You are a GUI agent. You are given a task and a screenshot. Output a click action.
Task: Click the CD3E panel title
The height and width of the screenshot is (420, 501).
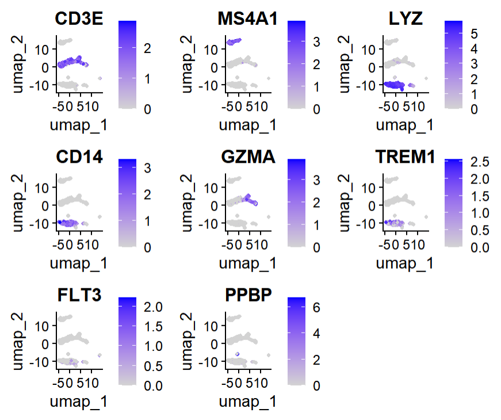(x=79, y=19)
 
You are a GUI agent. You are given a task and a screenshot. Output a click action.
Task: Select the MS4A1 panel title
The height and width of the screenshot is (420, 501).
(x=247, y=19)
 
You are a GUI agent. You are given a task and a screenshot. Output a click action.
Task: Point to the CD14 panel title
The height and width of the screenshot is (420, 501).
(x=79, y=157)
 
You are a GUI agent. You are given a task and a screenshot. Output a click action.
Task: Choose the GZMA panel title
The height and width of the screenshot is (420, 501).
(x=247, y=157)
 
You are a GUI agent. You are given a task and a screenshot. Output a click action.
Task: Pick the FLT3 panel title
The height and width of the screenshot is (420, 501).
(x=79, y=295)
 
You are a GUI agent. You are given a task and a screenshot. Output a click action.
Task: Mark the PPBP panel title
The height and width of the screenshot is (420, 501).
(x=247, y=295)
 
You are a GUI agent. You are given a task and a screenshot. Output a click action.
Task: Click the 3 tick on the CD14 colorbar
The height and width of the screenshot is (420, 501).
(x=147, y=168)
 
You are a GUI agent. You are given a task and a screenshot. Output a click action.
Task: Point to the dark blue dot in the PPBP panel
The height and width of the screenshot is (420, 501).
(x=238, y=354)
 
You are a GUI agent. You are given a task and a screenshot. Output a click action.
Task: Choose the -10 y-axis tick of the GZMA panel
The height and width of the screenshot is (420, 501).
(x=214, y=223)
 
